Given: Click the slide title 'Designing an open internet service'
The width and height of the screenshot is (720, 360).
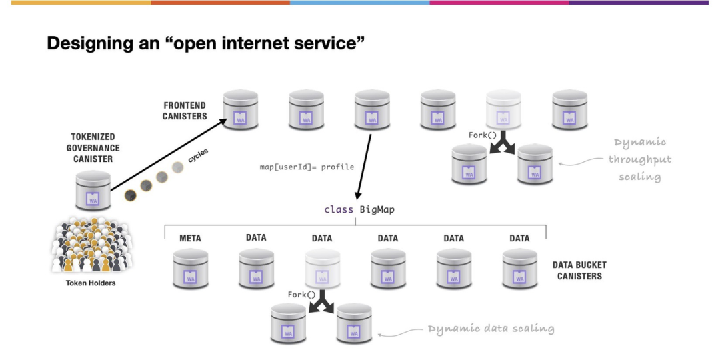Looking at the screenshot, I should [x=205, y=45].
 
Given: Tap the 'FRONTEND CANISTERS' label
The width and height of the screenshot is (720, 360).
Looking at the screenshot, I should [x=185, y=111].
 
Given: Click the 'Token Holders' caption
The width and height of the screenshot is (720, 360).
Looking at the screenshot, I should [x=91, y=283].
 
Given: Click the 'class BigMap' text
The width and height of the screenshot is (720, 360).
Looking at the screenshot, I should [x=359, y=209].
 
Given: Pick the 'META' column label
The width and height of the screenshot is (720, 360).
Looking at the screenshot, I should [x=190, y=238].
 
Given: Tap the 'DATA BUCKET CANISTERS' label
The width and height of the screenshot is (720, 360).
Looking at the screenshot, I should [x=579, y=270].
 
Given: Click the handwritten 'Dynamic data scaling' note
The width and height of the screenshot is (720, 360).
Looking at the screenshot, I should [x=491, y=329].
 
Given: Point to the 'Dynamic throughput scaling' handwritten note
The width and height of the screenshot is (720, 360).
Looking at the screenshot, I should [x=639, y=159].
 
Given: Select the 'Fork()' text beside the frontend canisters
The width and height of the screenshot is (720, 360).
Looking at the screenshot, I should [x=483, y=135].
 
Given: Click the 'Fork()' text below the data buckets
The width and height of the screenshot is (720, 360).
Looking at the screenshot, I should [x=302, y=294].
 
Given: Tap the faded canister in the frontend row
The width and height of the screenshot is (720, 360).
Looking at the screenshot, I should [x=503, y=110].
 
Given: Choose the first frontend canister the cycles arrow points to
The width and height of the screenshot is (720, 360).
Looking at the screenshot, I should [x=240, y=110].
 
